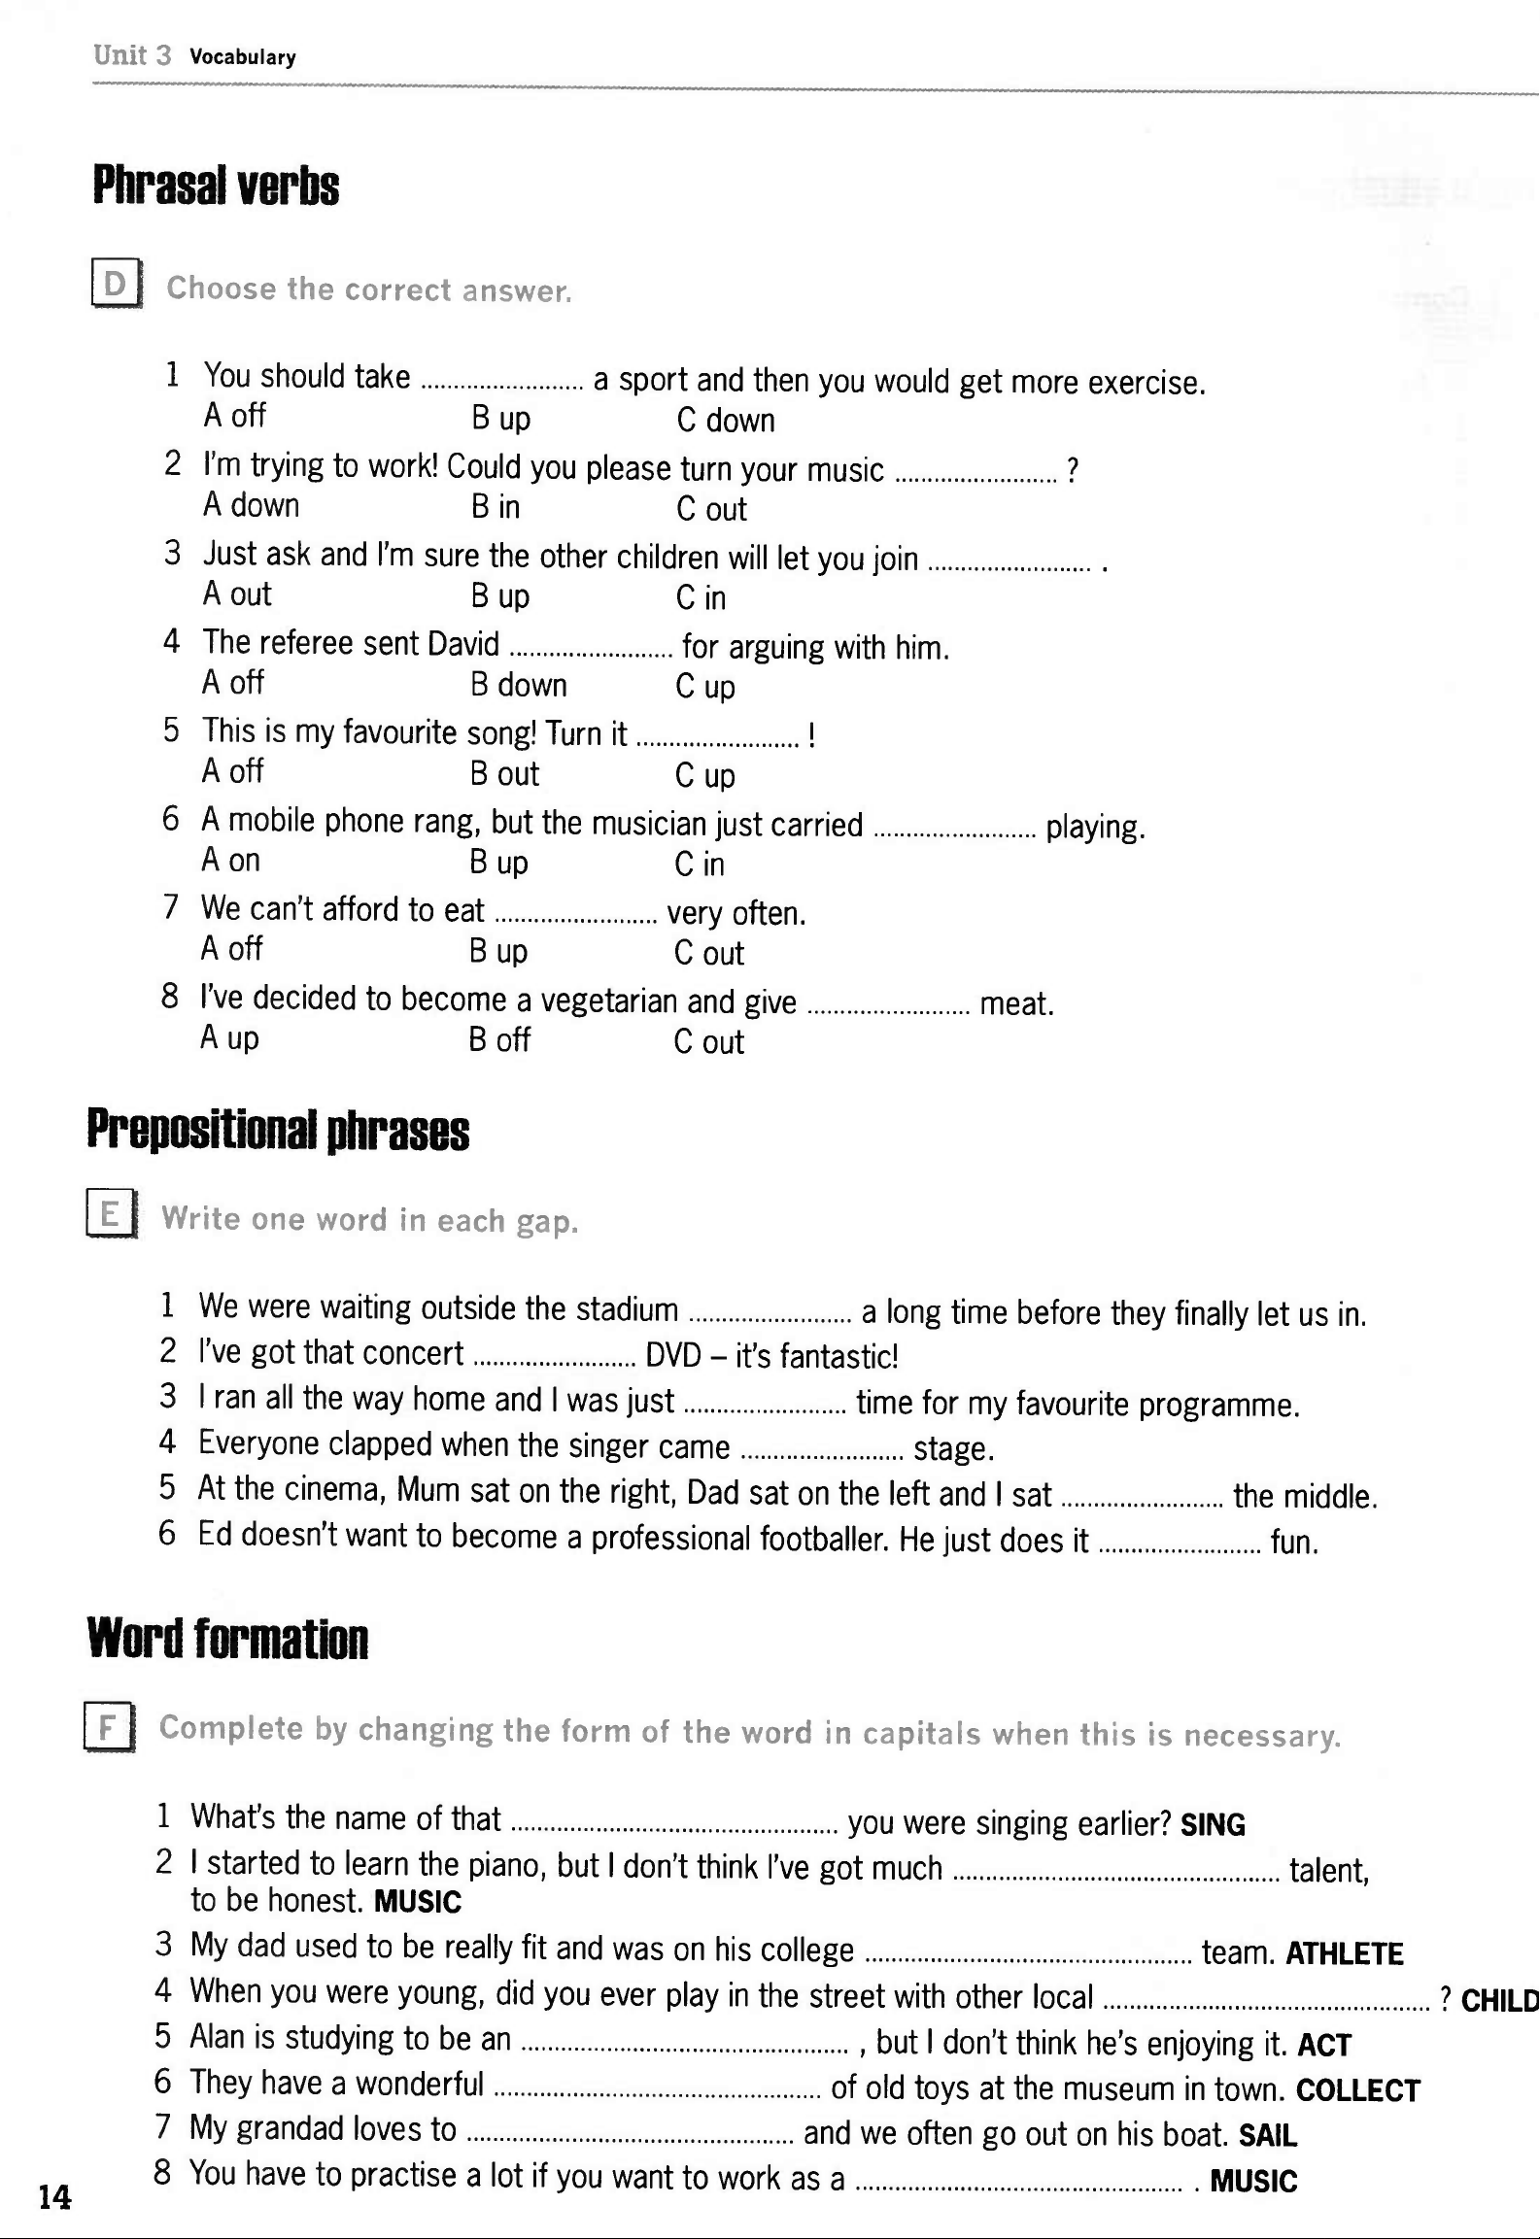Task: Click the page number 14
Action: point(54,2196)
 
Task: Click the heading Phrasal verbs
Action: point(216,186)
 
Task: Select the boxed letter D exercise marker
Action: point(116,285)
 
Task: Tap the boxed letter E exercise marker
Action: point(111,1215)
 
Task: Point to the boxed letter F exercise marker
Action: point(109,1726)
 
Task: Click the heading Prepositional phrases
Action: point(278,1130)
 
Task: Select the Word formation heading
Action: point(227,1639)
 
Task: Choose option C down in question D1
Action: point(726,421)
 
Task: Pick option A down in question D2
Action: point(251,505)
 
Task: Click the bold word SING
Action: point(1213,1824)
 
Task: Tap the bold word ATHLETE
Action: point(1344,1953)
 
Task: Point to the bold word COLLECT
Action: point(1357,2090)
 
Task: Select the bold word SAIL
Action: point(1267,2135)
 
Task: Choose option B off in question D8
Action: point(499,1040)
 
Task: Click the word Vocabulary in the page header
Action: point(243,57)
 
